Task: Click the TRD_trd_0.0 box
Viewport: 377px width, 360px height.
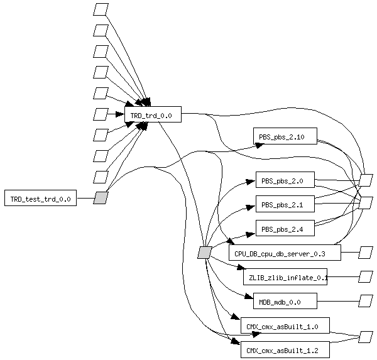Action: [153, 114]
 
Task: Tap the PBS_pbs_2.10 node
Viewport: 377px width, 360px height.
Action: [285, 136]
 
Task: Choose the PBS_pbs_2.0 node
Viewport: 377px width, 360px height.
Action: [285, 180]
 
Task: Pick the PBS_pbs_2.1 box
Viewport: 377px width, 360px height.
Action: [285, 204]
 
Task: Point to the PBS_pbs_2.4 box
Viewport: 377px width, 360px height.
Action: [285, 228]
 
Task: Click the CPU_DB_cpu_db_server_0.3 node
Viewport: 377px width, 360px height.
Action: [285, 253]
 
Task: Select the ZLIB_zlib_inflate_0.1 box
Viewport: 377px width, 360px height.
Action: [285, 276]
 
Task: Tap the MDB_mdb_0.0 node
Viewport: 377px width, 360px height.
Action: [285, 301]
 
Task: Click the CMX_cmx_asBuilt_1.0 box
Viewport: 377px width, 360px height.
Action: [285, 325]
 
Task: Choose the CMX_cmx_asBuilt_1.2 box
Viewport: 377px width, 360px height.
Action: [285, 349]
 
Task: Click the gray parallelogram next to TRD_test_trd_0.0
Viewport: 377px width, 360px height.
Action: [101, 198]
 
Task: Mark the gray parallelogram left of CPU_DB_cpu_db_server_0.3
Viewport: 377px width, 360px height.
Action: [204, 253]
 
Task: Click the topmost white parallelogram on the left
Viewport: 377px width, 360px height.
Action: [101, 9]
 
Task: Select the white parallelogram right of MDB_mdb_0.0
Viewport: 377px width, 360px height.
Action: [366, 301]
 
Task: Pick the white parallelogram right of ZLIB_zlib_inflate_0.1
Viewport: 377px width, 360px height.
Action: [366, 276]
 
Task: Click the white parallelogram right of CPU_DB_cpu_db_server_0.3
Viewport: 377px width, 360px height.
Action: [366, 253]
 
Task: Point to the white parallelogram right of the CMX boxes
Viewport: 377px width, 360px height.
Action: [366, 337]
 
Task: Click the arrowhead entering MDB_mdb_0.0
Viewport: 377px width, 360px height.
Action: [249, 297]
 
